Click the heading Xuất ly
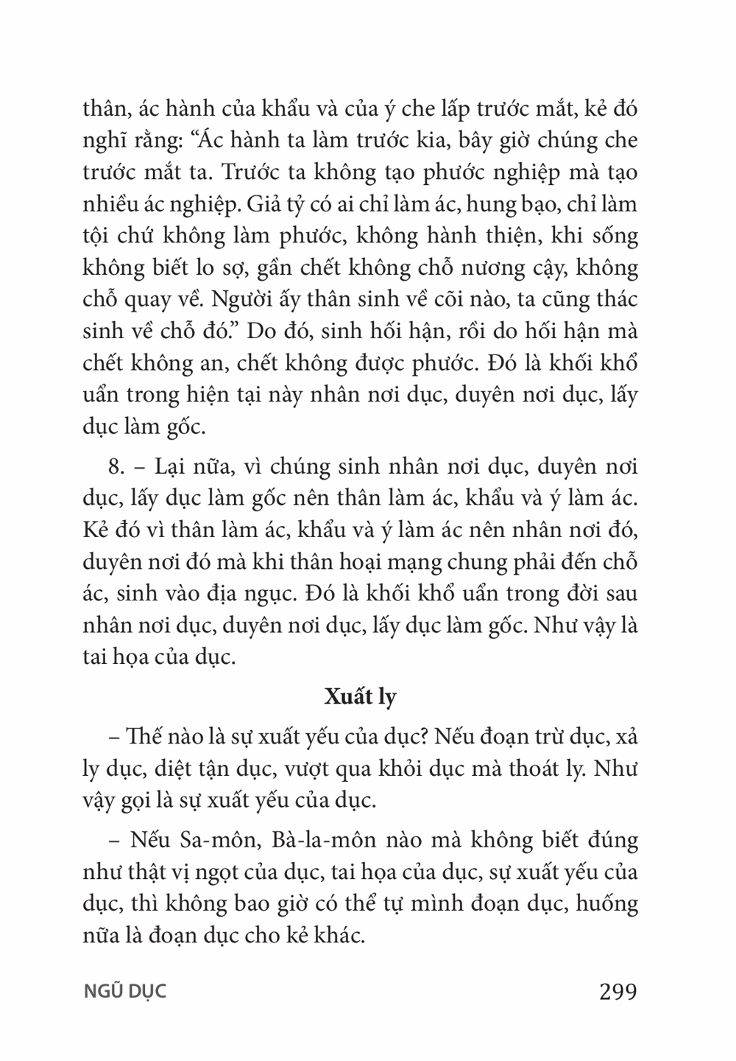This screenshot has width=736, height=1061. (x=360, y=697)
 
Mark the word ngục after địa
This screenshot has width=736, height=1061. (x=284, y=594)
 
